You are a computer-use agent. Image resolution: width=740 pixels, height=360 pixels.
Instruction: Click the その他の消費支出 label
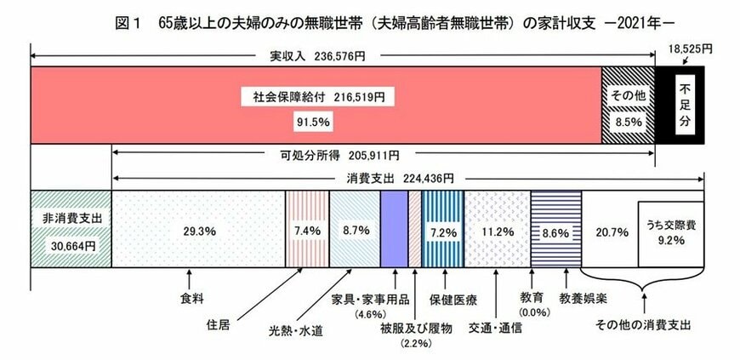coord(643,326)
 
